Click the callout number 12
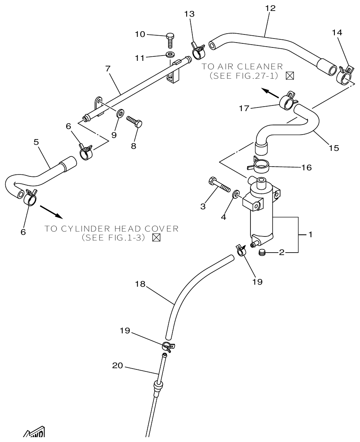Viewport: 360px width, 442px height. [x=270, y=8]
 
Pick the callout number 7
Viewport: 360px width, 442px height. [x=108, y=69]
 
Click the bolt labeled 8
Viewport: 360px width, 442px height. [x=136, y=121]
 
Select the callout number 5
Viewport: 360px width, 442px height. [x=36, y=143]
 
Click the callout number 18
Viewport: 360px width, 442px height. [x=140, y=285]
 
